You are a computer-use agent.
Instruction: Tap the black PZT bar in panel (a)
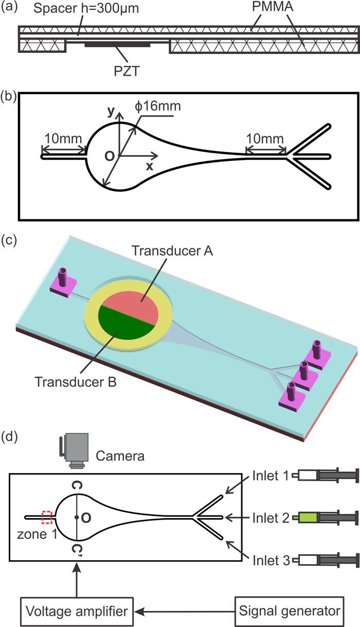coord(117,45)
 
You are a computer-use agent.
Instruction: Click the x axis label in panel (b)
coord(150,166)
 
